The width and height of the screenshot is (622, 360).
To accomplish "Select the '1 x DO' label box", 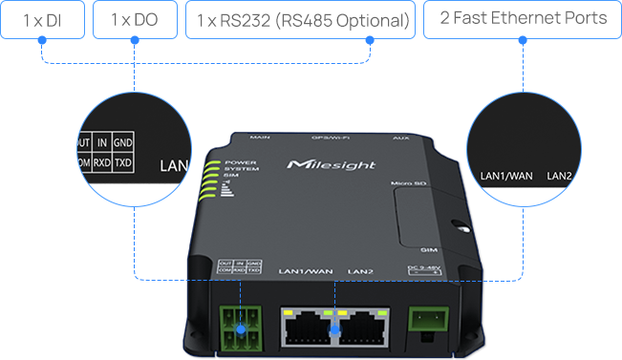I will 134,19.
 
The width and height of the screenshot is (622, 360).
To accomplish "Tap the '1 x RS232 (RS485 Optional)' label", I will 301,20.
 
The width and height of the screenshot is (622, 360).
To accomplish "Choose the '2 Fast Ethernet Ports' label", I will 523,19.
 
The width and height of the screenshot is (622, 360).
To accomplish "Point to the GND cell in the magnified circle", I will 123,143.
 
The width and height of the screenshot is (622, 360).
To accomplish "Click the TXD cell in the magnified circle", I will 123,164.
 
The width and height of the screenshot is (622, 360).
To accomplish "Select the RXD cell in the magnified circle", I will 101,164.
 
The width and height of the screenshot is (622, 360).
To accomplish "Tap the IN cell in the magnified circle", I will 101,143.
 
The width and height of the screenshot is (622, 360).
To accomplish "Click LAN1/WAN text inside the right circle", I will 505,176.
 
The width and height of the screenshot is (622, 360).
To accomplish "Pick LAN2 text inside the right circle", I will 559,176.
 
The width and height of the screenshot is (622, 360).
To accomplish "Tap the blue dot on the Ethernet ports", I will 334,328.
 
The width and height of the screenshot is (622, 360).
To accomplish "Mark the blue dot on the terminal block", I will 241,328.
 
